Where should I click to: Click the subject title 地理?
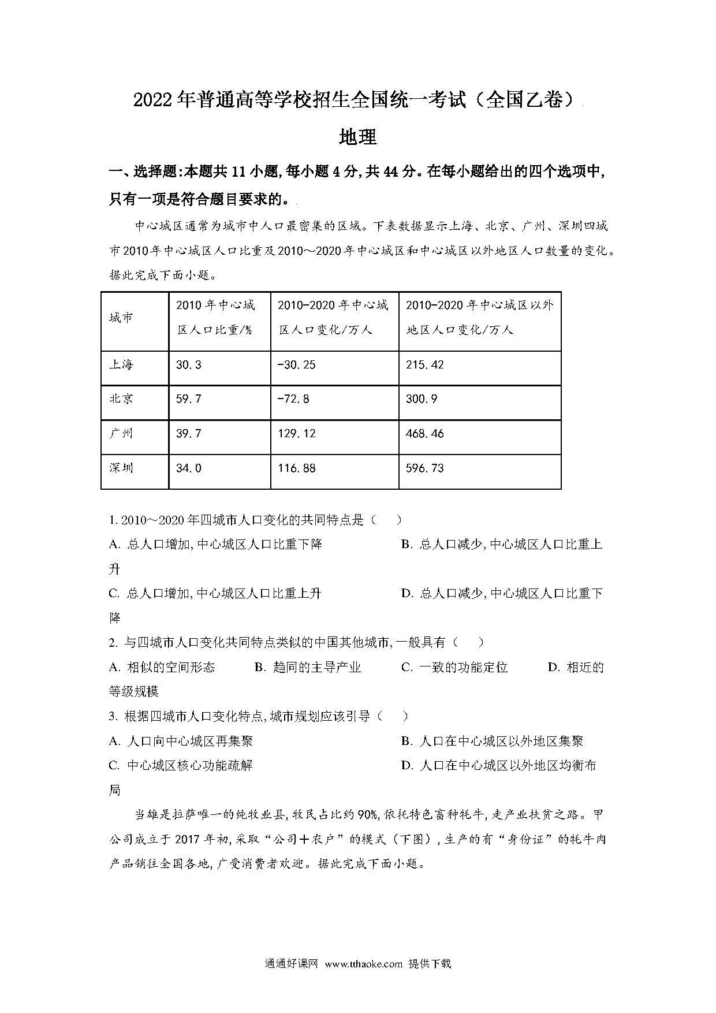[x=358, y=137]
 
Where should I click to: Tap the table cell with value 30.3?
[x=188, y=365]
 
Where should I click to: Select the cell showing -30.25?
[x=297, y=365]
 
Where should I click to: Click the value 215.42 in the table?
[x=424, y=365]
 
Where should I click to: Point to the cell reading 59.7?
[x=188, y=399]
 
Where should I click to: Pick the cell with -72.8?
[x=293, y=399]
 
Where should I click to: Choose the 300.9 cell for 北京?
[x=422, y=399]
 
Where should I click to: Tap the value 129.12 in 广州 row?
[x=297, y=434]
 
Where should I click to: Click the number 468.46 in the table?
[x=424, y=434]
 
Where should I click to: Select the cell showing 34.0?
[x=188, y=468]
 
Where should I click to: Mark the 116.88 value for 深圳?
[x=297, y=468]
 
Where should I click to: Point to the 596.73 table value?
[x=424, y=468]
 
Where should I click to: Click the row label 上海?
[x=121, y=365]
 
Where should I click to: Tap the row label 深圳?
[x=121, y=468]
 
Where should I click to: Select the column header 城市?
[x=121, y=318]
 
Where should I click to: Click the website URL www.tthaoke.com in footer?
[x=363, y=963]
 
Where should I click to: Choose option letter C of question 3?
[x=114, y=766]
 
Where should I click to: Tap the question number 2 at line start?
[x=113, y=642]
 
